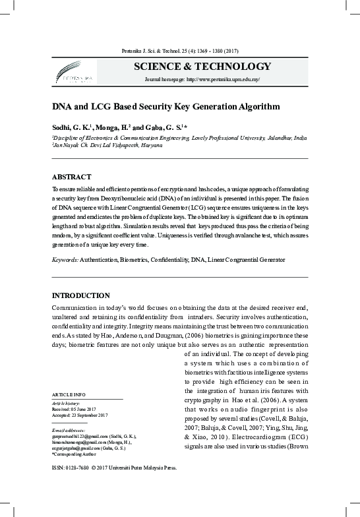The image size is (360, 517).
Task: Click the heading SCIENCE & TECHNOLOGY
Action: (202, 67)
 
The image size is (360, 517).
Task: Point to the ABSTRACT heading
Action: (71, 177)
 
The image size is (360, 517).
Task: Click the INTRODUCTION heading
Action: (80, 295)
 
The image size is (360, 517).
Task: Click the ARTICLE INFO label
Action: (68, 394)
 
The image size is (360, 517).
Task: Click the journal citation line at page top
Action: (179, 51)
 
